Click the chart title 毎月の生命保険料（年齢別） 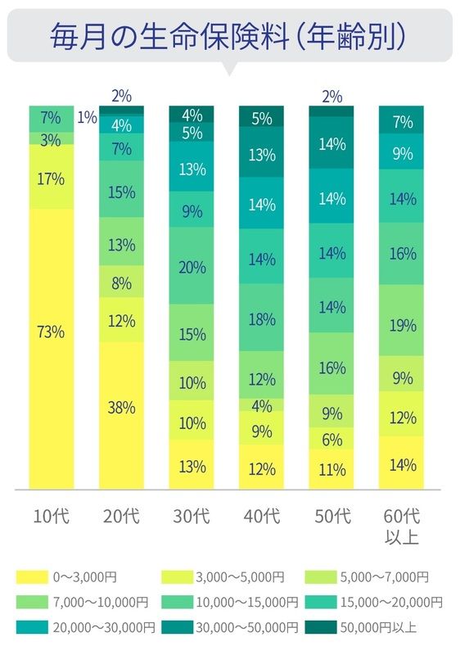pyautogui.click(x=228, y=37)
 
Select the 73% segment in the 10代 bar pyautogui.click(x=52, y=349)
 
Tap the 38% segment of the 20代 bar pyautogui.click(x=121, y=415)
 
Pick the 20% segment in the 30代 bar pyautogui.click(x=192, y=265)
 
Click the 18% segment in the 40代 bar pyautogui.click(x=261, y=317)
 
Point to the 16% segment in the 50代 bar pyautogui.click(x=331, y=364)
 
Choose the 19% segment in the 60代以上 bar pyautogui.click(x=401, y=320)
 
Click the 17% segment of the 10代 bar pyautogui.click(x=52, y=176)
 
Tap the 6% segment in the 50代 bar pyautogui.click(x=331, y=438)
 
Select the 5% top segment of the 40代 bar pyautogui.click(x=261, y=116)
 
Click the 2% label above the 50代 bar pyautogui.click(x=331, y=97)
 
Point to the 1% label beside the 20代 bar pyautogui.click(x=88, y=117)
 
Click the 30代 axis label pyautogui.click(x=192, y=517)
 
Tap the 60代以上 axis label pyautogui.click(x=402, y=526)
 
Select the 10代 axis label pyautogui.click(x=51, y=517)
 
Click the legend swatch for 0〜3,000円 pyautogui.click(x=32, y=577)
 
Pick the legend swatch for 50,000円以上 pyautogui.click(x=321, y=627)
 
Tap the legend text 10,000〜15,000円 pyautogui.click(x=247, y=603)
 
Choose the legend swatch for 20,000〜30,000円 pyautogui.click(x=32, y=627)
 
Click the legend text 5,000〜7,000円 pyautogui.click(x=385, y=577)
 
